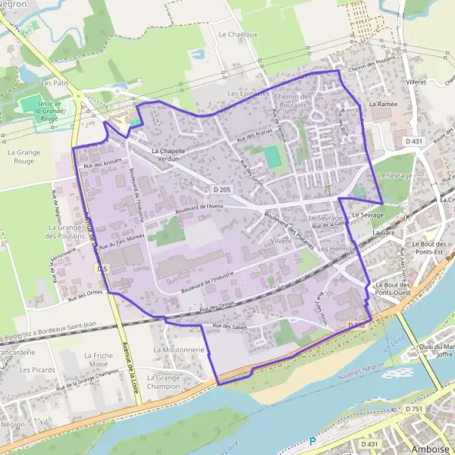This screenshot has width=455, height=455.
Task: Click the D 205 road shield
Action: pos(221,189)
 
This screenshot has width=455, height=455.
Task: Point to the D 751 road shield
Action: pos(413,409)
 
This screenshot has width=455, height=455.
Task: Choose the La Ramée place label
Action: pos(383,103)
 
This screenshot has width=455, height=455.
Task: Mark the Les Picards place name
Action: pos(37,370)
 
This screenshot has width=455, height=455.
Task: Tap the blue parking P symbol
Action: pos(312,441)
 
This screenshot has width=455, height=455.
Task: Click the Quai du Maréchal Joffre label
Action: pos(436,349)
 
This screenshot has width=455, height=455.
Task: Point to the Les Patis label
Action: pos(55,83)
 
